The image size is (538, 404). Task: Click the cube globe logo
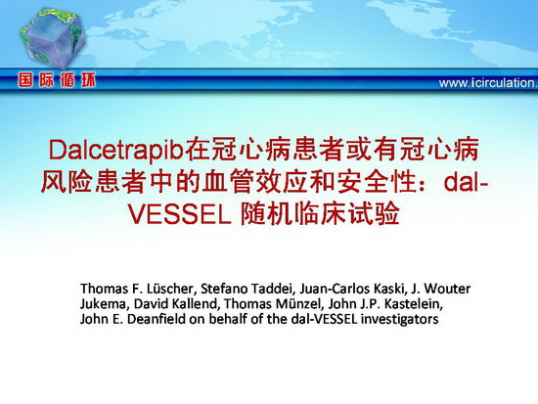[x=52, y=37]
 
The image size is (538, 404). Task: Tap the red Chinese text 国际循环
[x=58, y=80]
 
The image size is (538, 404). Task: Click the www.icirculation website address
[x=488, y=83]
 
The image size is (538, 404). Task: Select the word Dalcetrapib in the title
[x=115, y=151]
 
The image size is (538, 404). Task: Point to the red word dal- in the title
[x=466, y=183]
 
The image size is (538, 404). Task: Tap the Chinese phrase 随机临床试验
[x=320, y=214]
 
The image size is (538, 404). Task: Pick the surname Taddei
[x=274, y=289]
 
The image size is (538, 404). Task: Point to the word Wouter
[x=447, y=289]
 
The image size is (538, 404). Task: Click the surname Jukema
[x=105, y=304]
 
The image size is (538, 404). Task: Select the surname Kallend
[x=192, y=304]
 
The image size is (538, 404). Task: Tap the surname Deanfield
[x=157, y=319]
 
